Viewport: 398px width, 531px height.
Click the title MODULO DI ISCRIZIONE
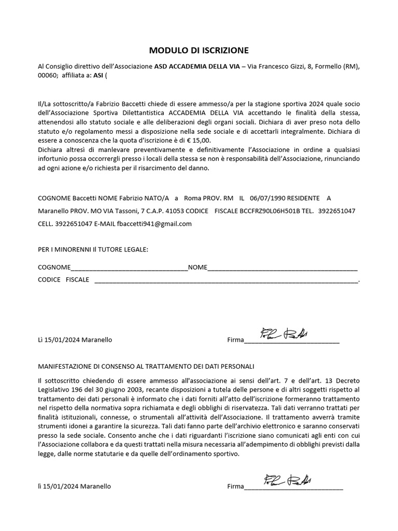[x=199, y=50]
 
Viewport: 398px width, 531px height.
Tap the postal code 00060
[x=48, y=75]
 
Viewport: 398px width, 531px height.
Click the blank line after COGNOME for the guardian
[x=129, y=268]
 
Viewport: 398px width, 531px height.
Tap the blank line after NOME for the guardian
[x=282, y=268]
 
